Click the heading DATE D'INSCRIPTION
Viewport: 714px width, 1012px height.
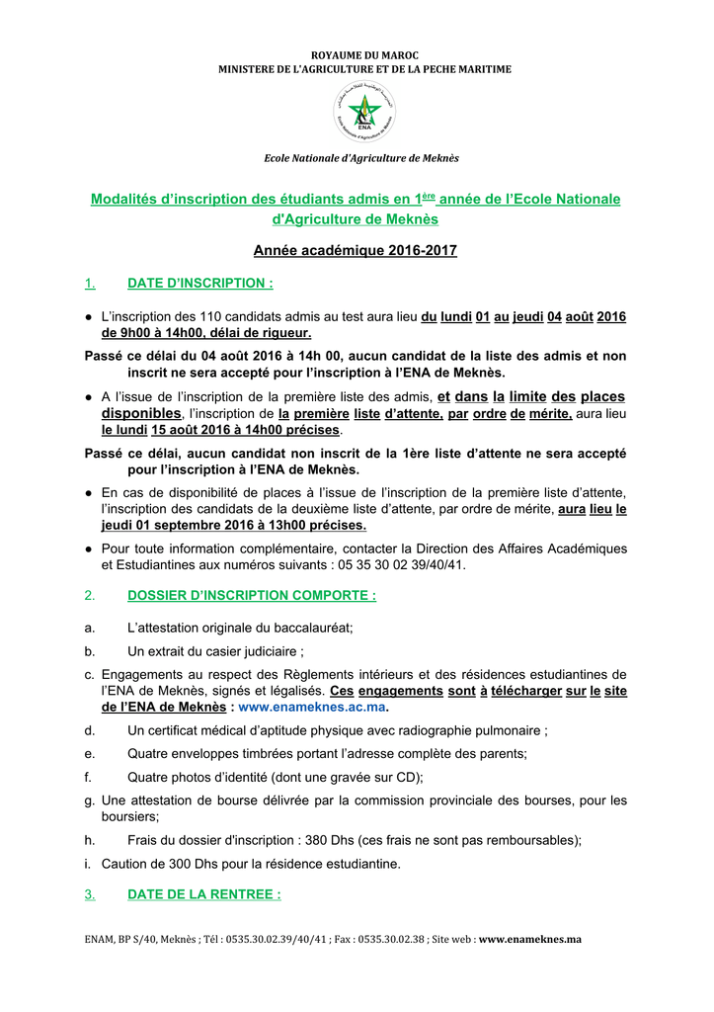[200, 284]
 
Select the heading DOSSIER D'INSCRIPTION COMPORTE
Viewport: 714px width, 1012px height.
[252, 595]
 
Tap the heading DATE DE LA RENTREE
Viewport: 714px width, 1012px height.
[204, 894]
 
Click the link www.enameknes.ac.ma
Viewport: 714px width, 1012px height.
[311, 708]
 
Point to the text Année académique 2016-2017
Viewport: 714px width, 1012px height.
[356, 251]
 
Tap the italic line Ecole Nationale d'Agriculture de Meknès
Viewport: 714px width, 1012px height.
[360, 158]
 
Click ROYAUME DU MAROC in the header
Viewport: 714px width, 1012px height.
[357, 54]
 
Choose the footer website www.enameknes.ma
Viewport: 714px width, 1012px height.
[530, 939]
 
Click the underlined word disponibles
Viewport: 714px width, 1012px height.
[141, 413]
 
